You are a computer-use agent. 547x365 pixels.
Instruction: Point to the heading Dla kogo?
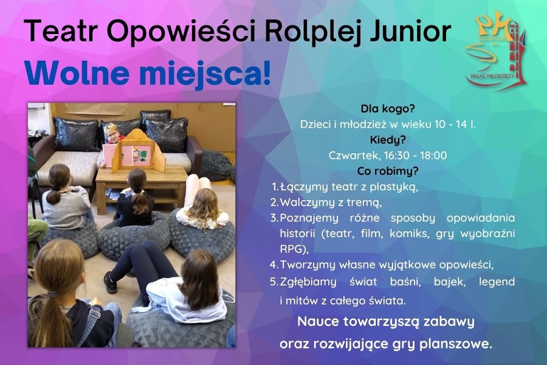tap(387, 109)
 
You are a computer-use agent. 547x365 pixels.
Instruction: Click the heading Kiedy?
tap(387, 139)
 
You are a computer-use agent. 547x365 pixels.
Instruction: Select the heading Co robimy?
tap(387, 170)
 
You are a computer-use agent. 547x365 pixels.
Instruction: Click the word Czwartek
tap(351, 155)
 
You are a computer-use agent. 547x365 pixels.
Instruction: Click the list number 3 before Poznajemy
tap(274, 218)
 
